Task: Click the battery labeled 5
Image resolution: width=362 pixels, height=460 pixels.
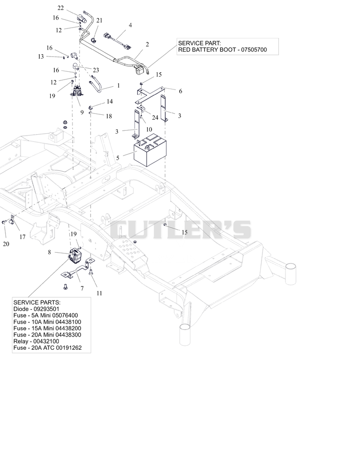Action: coord(150,150)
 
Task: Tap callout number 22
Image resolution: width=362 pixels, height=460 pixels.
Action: coord(61,8)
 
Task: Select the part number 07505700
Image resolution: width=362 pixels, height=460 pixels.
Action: coord(254,50)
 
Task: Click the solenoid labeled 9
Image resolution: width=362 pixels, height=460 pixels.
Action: coord(77,90)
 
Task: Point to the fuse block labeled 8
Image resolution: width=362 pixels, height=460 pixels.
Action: coord(75,255)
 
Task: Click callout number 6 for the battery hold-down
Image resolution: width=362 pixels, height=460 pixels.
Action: coord(181,91)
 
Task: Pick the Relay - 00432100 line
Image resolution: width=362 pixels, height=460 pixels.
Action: coord(36,341)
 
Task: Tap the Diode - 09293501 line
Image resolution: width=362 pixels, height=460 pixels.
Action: coord(37,309)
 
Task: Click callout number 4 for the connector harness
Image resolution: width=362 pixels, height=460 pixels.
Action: coord(130,25)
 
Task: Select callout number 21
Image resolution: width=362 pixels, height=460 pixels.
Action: coord(99,20)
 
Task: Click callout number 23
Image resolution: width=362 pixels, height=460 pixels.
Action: coord(96,70)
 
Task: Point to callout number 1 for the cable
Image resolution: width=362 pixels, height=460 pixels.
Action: coord(119,86)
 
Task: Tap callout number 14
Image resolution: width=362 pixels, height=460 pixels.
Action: coord(110,102)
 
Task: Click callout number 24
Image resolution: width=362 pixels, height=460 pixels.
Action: coord(155,117)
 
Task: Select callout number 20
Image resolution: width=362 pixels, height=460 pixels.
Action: coord(6,244)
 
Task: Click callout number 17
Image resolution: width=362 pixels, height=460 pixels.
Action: coord(23,237)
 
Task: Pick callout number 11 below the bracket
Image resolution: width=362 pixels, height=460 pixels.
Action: coord(99,293)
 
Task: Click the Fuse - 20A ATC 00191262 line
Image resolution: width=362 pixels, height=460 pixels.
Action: coord(48,347)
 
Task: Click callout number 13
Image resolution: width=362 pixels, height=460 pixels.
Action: coord(41,56)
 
